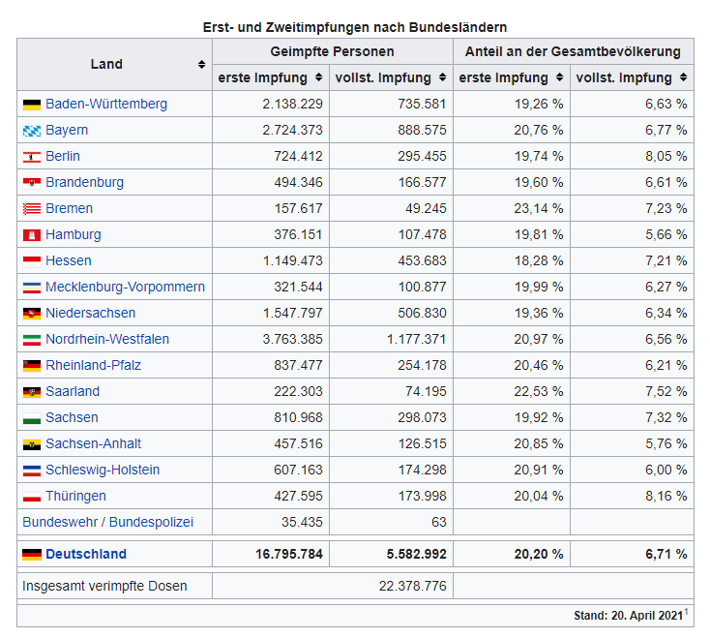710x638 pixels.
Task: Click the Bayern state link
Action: (66, 130)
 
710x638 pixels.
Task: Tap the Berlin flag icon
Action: (31, 157)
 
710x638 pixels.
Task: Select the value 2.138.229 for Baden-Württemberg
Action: (287, 104)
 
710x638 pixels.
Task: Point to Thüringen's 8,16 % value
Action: (667, 496)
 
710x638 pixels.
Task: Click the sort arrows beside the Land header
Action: (201, 65)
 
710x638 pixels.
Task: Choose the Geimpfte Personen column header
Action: (332, 51)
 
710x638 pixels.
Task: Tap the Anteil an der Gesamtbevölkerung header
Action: (573, 51)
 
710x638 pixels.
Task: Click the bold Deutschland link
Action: (85, 554)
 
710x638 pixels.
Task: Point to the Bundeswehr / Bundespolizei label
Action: (107, 522)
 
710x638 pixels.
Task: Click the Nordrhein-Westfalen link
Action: (106, 339)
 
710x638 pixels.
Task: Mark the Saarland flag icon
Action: (31, 392)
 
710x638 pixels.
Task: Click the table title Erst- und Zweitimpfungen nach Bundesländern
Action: (355, 27)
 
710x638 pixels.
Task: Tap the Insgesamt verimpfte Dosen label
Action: (104, 586)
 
